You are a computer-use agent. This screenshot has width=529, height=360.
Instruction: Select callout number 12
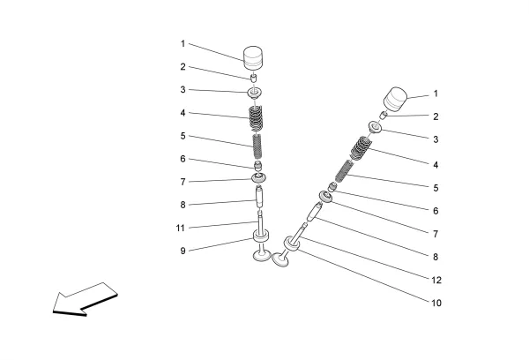click(x=436, y=281)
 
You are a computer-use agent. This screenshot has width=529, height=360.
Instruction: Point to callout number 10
click(x=436, y=304)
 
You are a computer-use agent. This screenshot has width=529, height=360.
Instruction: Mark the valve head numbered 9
click(x=261, y=256)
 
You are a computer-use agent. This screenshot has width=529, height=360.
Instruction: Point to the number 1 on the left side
click(x=183, y=42)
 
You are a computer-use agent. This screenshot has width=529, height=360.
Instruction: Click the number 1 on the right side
click(x=436, y=94)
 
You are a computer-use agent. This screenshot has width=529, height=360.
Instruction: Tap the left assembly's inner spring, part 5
click(x=258, y=144)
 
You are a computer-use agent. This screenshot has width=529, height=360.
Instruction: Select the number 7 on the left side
click(x=183, y=182)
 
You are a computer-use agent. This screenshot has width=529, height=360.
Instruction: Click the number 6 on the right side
click(x=436, y=212)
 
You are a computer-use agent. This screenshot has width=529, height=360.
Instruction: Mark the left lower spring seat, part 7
click(x=258, y=179)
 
